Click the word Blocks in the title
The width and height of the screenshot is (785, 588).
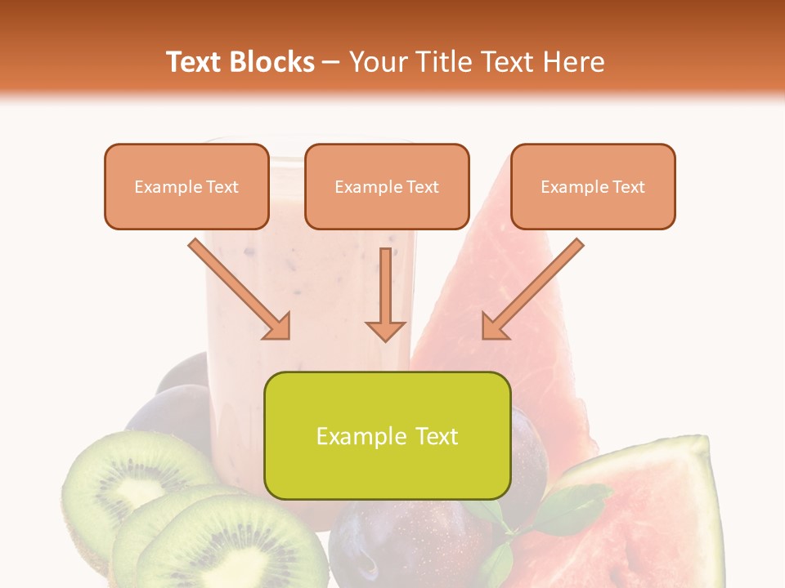click(272, 62)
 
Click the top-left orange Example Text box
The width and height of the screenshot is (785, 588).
click(186, 186)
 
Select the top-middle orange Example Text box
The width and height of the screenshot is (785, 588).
click(387, 186)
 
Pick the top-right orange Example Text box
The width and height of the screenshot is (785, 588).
click(593, 186)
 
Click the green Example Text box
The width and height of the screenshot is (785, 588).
click(387, 435)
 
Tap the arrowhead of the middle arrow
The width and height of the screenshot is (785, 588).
click(385, 330)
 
